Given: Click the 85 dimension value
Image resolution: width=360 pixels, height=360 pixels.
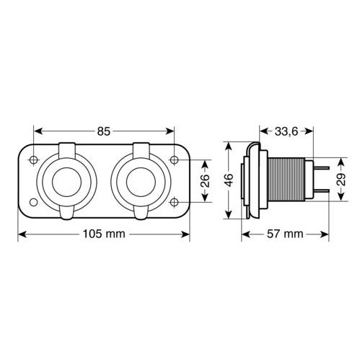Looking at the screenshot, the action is point(104,131).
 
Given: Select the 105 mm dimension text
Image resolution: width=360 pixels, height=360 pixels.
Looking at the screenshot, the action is point(104,234).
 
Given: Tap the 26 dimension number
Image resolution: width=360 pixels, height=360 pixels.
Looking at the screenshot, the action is point(205,180).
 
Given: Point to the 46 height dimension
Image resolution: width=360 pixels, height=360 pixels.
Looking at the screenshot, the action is point(229,180).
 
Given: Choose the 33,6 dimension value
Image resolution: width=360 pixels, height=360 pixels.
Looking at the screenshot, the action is point(286,131).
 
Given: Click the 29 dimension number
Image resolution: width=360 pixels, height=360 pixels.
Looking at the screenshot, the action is point(341,180).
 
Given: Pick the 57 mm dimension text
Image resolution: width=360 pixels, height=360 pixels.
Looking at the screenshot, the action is point(285,234).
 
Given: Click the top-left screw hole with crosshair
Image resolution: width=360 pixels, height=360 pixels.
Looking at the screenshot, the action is point(34,159).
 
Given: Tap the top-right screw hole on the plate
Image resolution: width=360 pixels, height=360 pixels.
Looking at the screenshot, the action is point(174,159).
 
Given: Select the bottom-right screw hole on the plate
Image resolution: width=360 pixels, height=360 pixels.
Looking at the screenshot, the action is point(174,202).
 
